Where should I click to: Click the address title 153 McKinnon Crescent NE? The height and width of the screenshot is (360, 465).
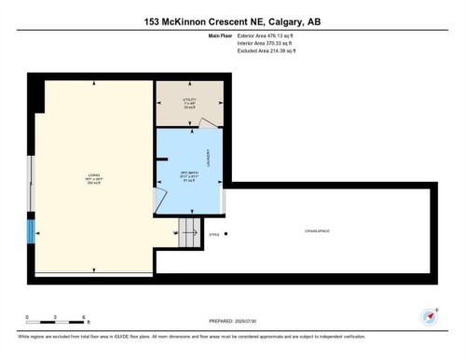pos(232,21)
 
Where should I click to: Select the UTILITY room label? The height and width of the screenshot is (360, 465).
pos(190,99)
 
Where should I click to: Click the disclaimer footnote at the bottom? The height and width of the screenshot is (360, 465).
pos(232,337)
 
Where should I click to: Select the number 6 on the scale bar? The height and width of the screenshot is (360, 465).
pos(84,317)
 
